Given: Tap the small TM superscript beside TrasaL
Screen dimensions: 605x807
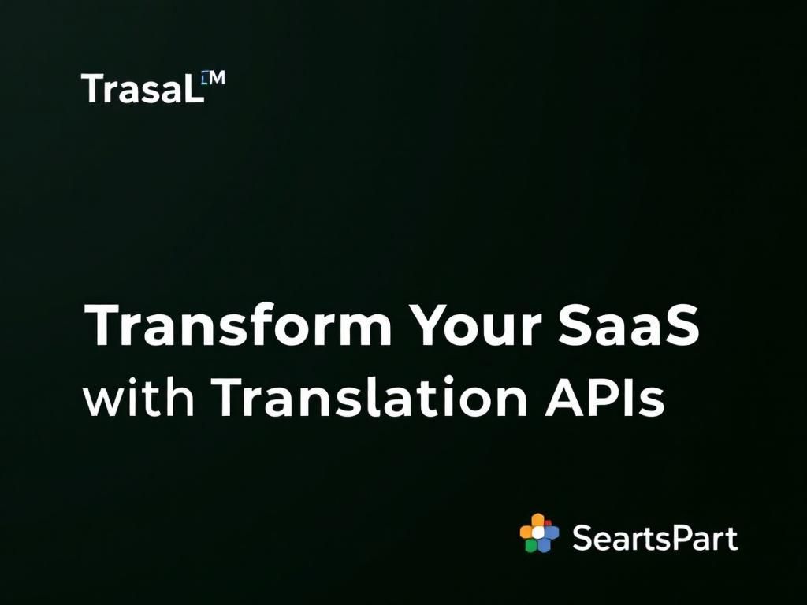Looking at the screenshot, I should [213, 78].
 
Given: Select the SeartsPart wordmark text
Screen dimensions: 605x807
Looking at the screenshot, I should [655, 539].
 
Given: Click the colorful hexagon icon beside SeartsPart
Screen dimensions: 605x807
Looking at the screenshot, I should [539, 533].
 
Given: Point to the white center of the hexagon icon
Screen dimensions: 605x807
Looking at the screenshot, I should [539, 533].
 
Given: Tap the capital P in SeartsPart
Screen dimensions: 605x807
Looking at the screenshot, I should [675, 539].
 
